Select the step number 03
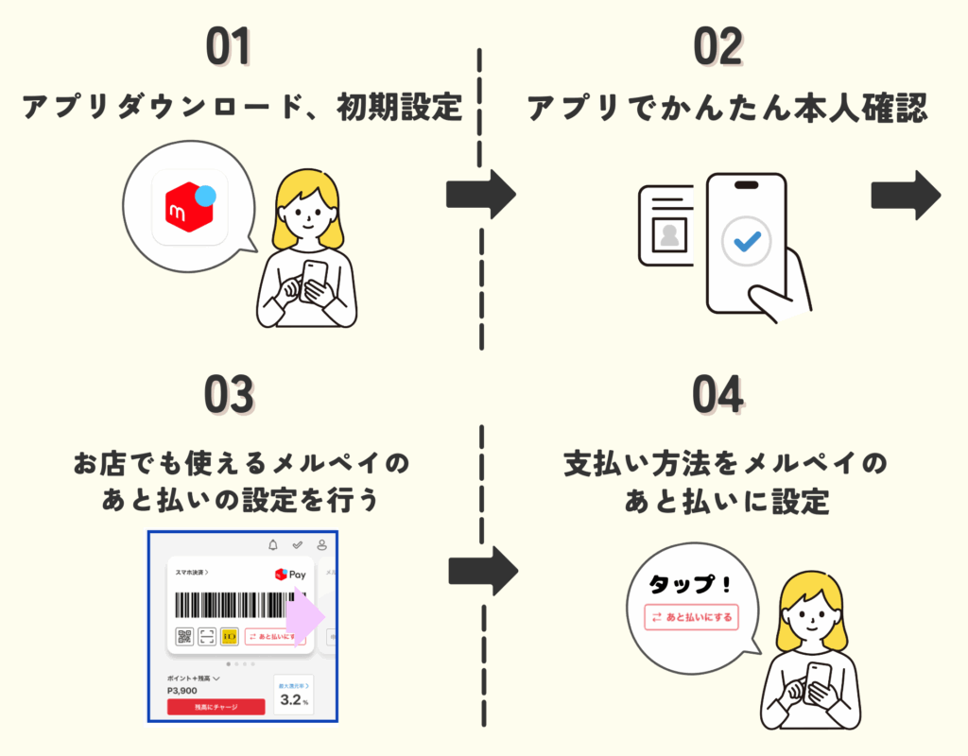click(230, 398)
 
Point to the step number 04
click(718, 398)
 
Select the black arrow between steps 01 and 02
click(480, 195)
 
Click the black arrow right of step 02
click(905, 195)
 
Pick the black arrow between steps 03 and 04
click(482, 571)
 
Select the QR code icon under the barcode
click(183, 636)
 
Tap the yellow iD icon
click(230, 636)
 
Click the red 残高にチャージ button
click(216, 707)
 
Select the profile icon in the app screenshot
click(322, 545)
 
